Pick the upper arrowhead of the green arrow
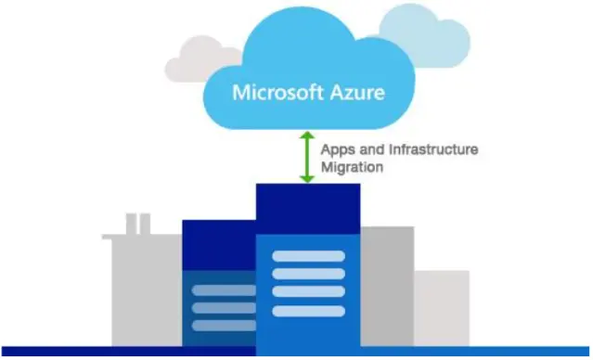[305, 136]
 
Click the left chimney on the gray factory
[131, 223]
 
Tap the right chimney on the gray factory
[145, 223]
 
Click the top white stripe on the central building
[307, 255]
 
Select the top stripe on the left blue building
[223, 290]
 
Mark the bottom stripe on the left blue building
[223, 325]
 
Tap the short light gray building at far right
[441, 306]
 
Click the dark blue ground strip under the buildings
[296, 352]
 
